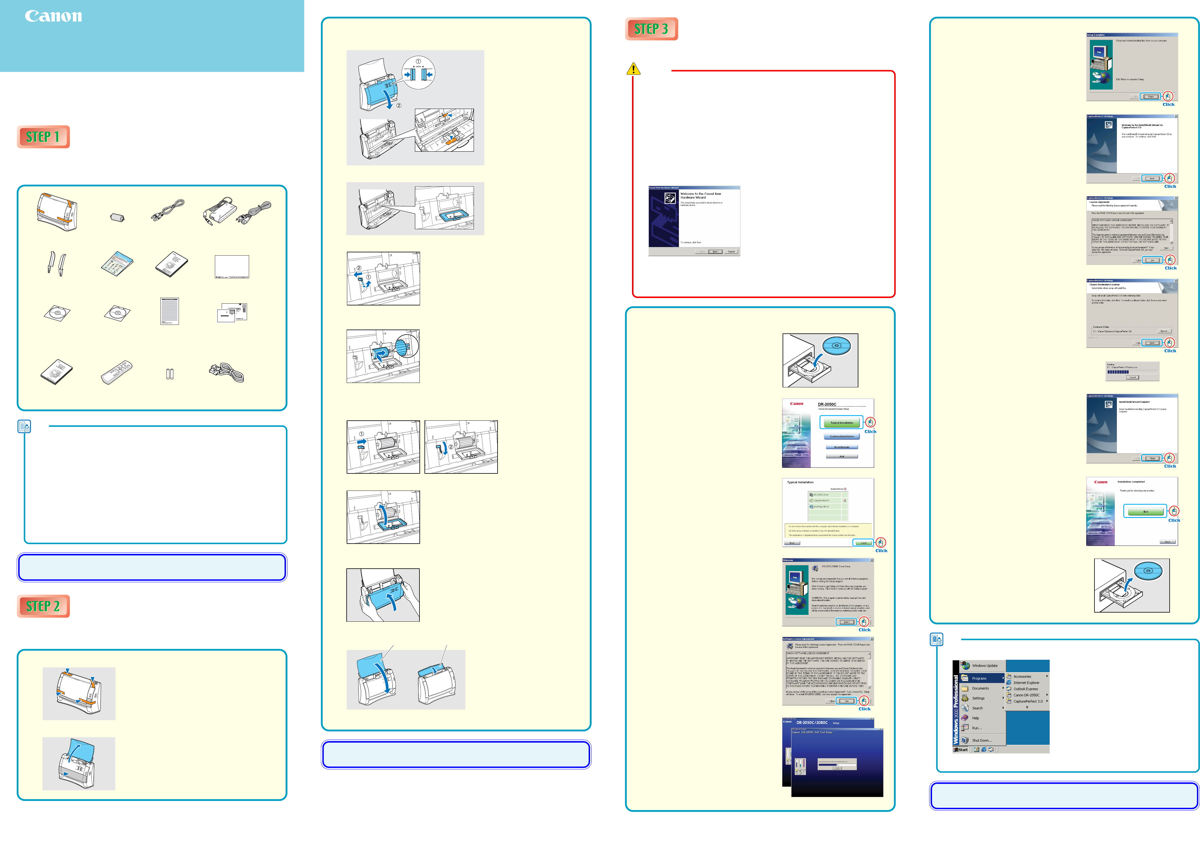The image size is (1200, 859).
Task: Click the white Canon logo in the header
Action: click(53, 17)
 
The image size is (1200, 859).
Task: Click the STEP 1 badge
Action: click(43, 137)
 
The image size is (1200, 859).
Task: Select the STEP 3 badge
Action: click(651, 29)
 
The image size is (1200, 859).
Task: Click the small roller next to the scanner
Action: click(117, 217)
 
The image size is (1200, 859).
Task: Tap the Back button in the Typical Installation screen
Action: click(792, 543)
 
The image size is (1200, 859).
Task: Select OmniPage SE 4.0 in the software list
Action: click(821, 507)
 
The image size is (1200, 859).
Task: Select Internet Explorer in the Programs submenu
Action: click(1026, 683)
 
